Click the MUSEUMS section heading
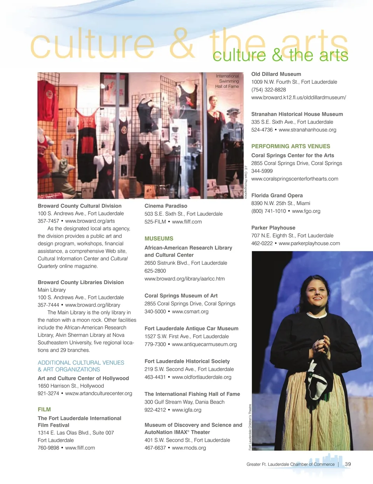tap(159, 239)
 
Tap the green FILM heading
tap(44, 409)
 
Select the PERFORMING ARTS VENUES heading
tap(291, 146)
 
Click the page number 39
tap(348, 464)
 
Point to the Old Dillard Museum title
tap(276, 74)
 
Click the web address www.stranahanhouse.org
tap(307, 130)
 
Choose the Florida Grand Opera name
tap(277, 196)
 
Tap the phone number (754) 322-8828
tap(268, 90)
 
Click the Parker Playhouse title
tap(273, 228)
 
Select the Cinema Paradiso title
tap(166, 206)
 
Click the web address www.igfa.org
tap(186, 410)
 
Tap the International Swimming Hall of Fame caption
tap(227, 81)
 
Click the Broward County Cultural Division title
tap(80, 206)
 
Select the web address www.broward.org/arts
tap(90, 221)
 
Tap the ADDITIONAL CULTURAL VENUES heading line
tap(81, 363)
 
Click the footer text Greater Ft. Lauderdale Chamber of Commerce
tap(290, 464)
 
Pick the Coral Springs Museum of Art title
tap(181, 296)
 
